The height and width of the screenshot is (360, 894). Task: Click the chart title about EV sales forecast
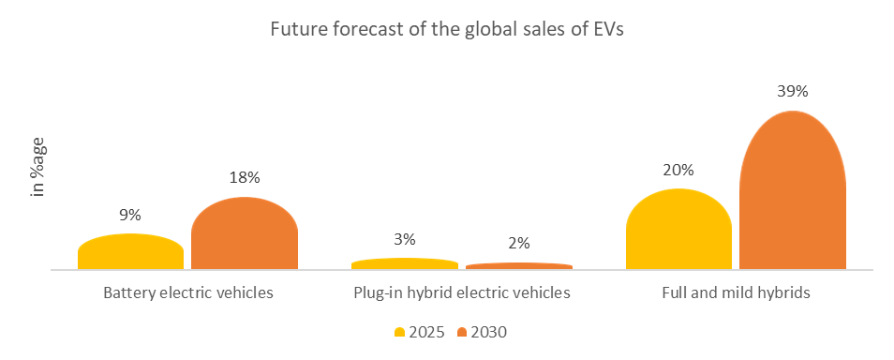point(446,29)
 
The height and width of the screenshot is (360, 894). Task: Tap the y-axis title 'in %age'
point(38,171)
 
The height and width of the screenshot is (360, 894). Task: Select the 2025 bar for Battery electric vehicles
point(130,252)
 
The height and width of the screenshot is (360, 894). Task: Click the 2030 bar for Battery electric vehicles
point(245,234)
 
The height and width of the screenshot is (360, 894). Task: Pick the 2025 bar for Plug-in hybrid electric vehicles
point(405,264)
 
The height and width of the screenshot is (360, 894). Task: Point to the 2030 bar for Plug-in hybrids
point(519,266)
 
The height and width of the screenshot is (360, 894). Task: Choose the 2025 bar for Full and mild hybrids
point(678,231)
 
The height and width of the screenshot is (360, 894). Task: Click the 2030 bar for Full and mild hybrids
point(793,192)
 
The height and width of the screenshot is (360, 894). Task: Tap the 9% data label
point(130,215)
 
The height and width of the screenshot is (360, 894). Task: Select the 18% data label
point(245,178)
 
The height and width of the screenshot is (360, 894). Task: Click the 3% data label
point(405,239)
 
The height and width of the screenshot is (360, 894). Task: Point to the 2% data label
point(519,244)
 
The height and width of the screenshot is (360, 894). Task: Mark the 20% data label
point(678,170)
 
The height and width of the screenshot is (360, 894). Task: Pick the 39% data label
point(793,92)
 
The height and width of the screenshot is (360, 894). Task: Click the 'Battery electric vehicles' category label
point(187,292)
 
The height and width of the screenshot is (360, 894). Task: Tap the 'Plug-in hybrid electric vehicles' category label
point(462,292)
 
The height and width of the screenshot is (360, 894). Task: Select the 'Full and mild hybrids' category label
point(736,292)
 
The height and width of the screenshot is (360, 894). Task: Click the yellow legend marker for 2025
point(399,332)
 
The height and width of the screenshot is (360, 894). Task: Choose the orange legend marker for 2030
point(462,332)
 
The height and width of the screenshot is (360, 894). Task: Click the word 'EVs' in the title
point(606,29)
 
